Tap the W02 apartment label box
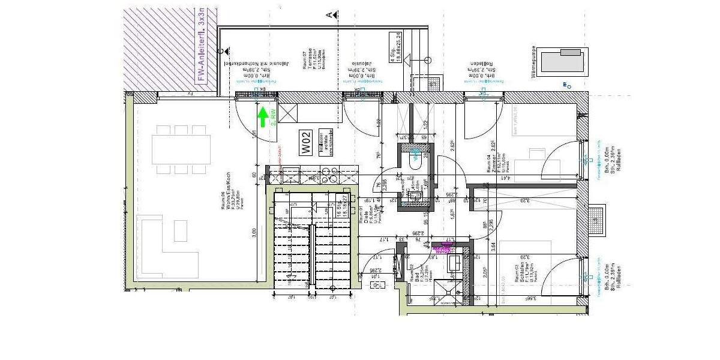tap(306, 142)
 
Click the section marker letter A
tap(329, 14)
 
